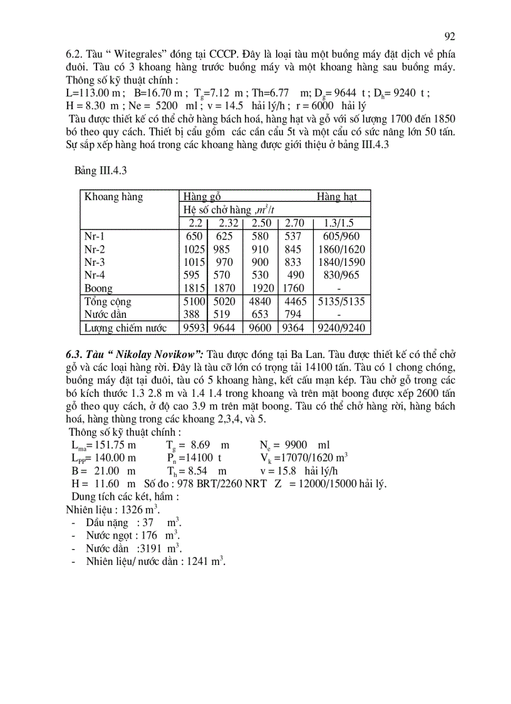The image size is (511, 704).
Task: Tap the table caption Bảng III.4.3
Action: click(x=101, y=170)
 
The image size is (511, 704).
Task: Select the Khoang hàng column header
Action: click(x=113, y=197)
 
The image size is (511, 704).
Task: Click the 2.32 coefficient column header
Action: click(x=229, y=223)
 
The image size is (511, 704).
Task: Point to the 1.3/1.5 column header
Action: click(x=339, y=223)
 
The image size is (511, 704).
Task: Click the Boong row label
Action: click(x=98, y=288)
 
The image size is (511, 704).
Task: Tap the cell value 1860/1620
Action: click(x=341, y=250)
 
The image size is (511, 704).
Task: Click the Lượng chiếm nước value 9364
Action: click(x=294, y=328)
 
